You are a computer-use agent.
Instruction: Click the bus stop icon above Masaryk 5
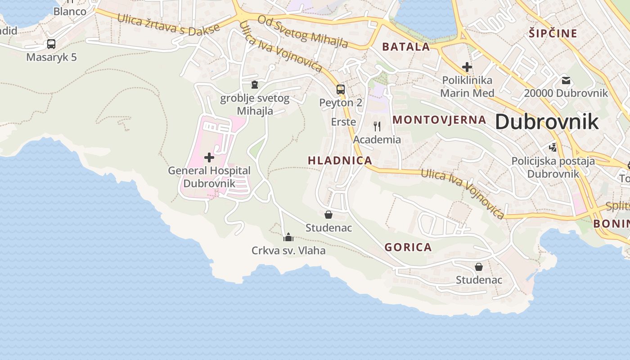[51, 44]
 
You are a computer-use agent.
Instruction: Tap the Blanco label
[70, 11]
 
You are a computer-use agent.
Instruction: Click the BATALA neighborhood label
[406, 46]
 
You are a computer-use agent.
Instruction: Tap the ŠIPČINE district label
[553, 33]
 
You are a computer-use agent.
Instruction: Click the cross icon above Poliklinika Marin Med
[467, 67]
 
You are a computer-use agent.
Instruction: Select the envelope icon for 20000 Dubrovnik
[566, 81]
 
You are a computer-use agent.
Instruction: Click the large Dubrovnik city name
[547, 122]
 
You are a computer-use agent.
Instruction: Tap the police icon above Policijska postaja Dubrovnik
[553, 147]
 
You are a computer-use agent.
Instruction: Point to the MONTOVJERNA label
[440, 120]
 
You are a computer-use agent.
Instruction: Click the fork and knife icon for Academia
[377, 126]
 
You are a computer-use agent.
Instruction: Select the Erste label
[343, 122]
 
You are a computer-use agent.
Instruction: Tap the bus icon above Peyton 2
[341, 89]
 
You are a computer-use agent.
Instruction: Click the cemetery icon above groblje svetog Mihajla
[255, 85]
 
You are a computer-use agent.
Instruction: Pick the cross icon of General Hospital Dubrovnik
[209, 157]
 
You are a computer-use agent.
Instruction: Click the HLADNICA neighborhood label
[340, 160]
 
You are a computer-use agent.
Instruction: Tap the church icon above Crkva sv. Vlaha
[288, 237]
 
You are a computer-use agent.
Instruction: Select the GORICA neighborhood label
[408, 247]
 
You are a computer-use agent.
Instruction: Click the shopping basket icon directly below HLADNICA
[328, 215]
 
